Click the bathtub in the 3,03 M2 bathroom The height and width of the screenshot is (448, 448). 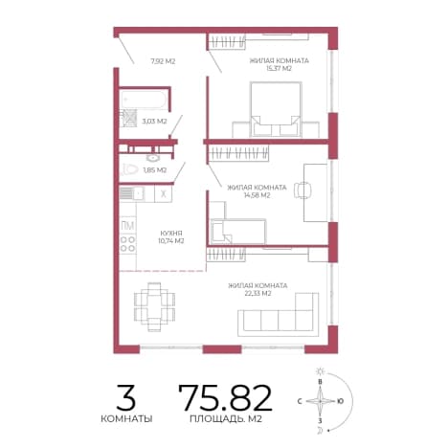144,100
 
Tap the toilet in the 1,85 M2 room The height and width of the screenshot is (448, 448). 129,169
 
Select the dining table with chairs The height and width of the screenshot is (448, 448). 154,306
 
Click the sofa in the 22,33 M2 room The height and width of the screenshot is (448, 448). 278,315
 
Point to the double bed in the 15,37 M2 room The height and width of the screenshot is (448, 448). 276,109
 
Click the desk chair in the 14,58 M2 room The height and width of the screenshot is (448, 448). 302,190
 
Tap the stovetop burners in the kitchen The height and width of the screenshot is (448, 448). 128,244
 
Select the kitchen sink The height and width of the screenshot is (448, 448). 132,193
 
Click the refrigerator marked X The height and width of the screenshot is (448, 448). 164,193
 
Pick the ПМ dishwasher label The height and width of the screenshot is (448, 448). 127,226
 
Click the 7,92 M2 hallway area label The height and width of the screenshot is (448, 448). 163,61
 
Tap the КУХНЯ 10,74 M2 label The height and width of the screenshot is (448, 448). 171,236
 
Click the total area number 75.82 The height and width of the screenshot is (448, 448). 226,397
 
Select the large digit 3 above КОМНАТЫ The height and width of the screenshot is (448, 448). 126,397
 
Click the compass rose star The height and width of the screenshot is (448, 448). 320,401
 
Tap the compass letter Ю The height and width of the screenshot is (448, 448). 340,401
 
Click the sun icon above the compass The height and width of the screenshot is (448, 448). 320,371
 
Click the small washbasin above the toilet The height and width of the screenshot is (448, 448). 154,158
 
